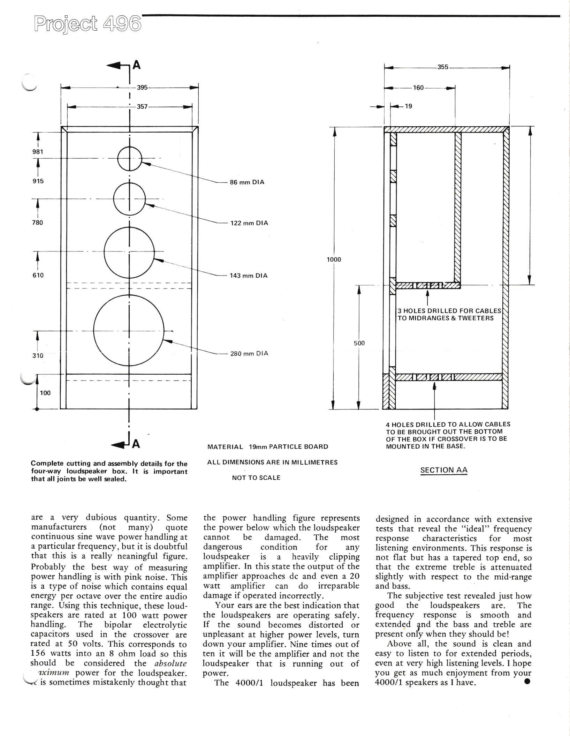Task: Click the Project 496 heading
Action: pos(88,24)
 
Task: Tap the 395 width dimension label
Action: pos(142,88)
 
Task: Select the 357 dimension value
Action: pos(142,107)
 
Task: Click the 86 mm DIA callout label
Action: pos(247,182)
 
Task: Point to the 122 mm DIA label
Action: pos(249,223)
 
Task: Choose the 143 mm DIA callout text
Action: pos(248,276)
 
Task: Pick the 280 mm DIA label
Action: pos(249,353)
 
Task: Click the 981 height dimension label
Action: pos(38,152)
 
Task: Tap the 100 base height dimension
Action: pos(45,393)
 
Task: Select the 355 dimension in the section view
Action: pos(443,67)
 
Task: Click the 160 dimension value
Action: pos(418,88)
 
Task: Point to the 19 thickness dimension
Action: pos(408,106)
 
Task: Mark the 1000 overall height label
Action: pos(334,260)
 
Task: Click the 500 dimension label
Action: pos(359,343)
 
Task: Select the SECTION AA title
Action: pos(443,470)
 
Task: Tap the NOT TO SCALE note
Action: pos(256,478)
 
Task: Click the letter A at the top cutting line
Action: pos(137,65)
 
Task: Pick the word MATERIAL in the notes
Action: pos(225,447)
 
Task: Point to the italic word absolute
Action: pos(170,663)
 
